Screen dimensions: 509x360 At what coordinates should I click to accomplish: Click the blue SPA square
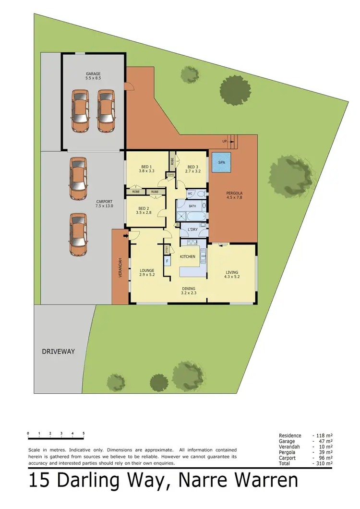point(221,162)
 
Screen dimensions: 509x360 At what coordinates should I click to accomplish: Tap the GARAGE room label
point(93,74)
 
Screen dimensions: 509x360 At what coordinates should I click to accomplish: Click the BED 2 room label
point(144,208)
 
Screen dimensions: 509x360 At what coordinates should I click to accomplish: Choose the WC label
point(190,194)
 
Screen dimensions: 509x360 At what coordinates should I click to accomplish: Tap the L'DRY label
point(192,230)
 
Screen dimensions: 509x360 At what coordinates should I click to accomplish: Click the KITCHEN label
point(188,256)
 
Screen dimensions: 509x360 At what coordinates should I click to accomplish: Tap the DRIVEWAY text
point(58,351)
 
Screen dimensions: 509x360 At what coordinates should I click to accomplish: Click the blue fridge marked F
point(167,262)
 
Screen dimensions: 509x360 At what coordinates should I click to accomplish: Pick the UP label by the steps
point(224,141)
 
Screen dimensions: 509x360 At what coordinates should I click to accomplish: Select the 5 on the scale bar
point(84,433)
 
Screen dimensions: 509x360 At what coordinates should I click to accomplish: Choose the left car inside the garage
point(80,111)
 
